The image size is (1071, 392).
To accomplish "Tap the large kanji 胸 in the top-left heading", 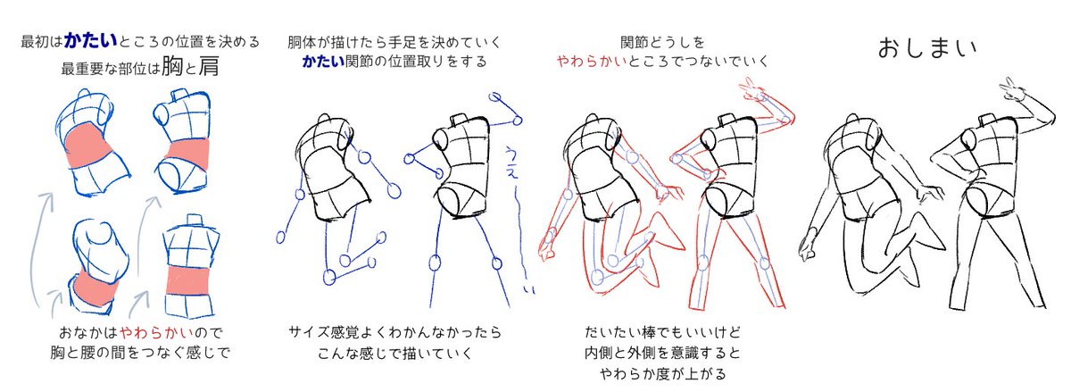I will coord(173,67).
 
